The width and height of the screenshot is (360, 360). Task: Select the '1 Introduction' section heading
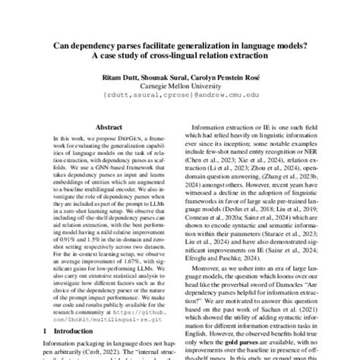pos(71,332)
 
